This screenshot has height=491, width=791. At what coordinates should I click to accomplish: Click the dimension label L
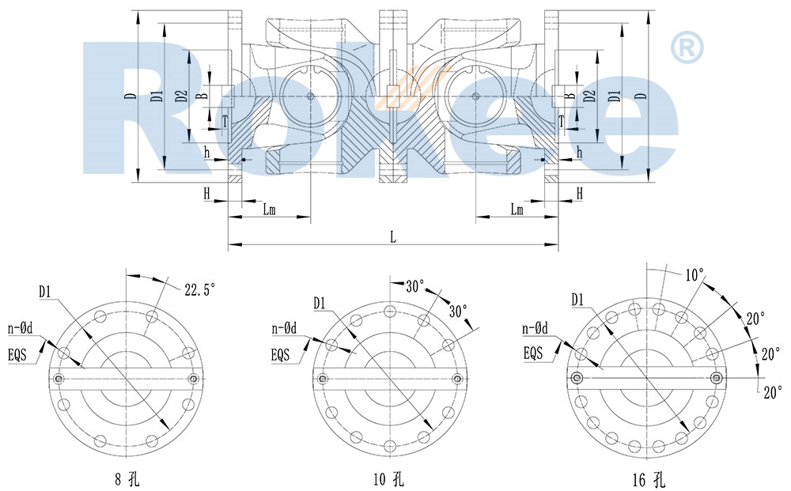[x=393, y=236]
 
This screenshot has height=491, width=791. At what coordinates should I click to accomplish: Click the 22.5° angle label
[x=199, y=289]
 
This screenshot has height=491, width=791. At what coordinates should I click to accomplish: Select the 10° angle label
[x=694, y=276]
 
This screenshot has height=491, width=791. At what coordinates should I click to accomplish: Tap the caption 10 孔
[x=391, y=478]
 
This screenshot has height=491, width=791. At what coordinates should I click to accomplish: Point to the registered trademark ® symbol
[x=687, y=47]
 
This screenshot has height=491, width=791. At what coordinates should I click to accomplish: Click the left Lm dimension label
[x=270, y=209]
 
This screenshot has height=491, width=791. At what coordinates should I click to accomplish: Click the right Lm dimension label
[x=517, y=209]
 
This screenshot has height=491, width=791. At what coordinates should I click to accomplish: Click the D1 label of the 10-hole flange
[x=320, y=302]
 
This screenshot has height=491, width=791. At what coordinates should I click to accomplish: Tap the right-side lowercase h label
[x=579, y=152]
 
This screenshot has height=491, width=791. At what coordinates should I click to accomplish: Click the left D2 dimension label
[x=181, y=96]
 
